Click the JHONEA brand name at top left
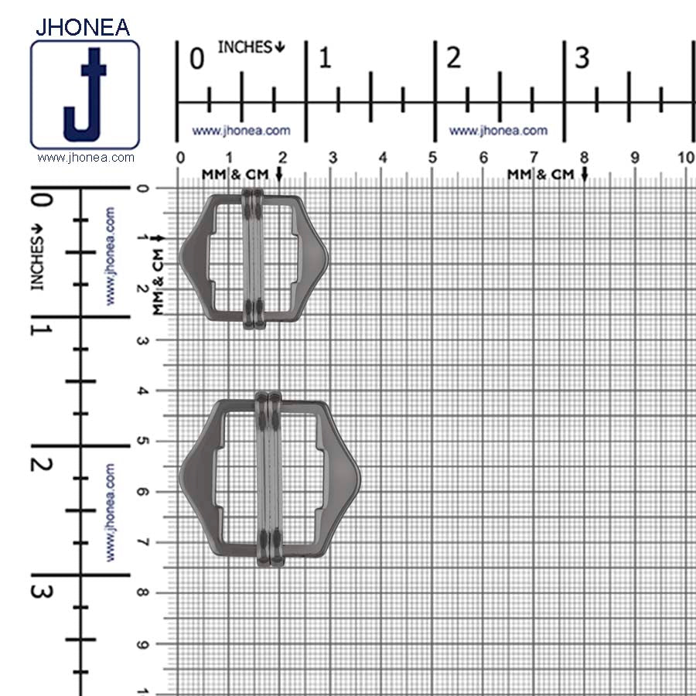pos(83,26)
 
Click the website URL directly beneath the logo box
pos(85,158)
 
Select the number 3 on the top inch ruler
pos(582,58)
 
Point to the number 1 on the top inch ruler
pos(325,58)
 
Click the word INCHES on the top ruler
pos(244,47)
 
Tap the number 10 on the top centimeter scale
pos(685,159)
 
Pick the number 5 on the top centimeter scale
pos(432,159)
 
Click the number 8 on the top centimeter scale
pos(584,159)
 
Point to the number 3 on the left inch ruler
pos(43,592)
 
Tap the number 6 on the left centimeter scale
pos(142,492)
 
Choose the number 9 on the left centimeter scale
pos(142,643)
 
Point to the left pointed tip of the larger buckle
pos(183,474)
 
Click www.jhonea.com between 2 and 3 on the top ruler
pos(498,131)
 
